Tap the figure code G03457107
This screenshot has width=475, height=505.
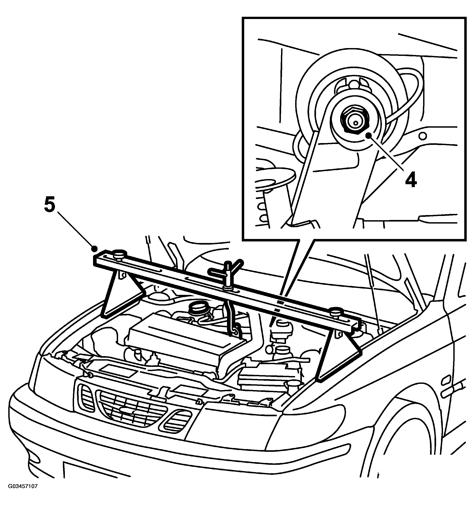coord(23,493)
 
